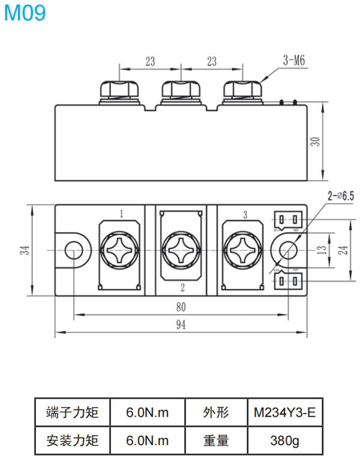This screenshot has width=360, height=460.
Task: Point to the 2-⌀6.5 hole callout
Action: (340, 196)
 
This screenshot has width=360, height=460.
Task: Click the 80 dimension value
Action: (181, 307)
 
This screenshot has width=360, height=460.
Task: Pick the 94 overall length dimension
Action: (181, 325)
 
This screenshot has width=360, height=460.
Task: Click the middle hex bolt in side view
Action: (181, 90)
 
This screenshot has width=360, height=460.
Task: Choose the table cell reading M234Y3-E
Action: (285, 412)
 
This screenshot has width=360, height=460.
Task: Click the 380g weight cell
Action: (285, 440)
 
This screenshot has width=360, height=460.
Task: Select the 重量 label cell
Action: (216, 440)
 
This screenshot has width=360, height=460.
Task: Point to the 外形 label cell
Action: (216, 412)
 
